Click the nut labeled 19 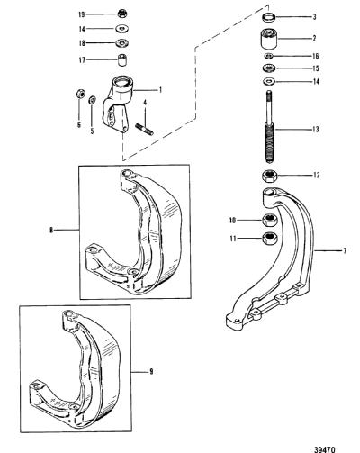tap(121, 14)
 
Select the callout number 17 tap(82, 60)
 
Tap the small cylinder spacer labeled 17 tap(122, 60)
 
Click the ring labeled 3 tap(269, 17)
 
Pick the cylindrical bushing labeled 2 tap(269, 39)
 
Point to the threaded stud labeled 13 tap(270, 126)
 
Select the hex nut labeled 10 tap(270, 221)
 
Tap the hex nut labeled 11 tap(270, 239)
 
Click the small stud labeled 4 tap(145, 129)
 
